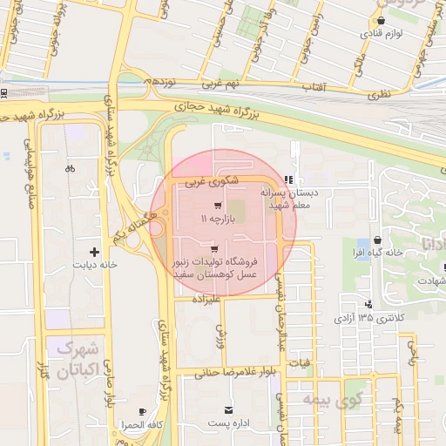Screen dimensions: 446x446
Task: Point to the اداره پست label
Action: pos(228,423)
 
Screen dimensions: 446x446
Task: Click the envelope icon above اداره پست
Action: pos(228,409)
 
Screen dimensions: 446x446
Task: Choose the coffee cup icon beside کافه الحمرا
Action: pos(143,411)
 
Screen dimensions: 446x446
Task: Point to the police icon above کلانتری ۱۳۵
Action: pos(369,304)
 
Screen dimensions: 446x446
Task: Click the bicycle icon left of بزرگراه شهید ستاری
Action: pos(70,167)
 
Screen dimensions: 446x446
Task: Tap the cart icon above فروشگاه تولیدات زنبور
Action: pos(214,249)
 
